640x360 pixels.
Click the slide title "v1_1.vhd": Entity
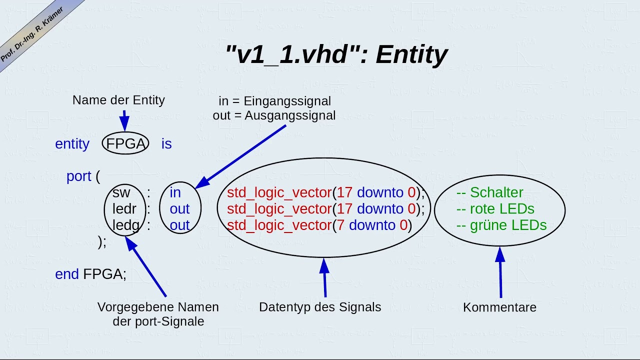336,54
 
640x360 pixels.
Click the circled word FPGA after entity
125,144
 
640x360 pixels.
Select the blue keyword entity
72,144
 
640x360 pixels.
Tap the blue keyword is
166,144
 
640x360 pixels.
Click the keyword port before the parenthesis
79,176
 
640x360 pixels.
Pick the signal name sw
121,192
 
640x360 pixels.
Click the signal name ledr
124,208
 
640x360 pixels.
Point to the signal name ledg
125,225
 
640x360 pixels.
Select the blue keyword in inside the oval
175,192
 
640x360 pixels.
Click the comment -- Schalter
489,192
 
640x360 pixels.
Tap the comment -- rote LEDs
495,208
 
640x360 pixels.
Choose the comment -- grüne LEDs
501,225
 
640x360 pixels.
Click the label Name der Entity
118,100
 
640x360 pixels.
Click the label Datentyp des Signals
320,307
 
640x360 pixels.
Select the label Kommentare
499,307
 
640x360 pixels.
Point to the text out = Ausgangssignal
274,115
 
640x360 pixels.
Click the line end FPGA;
90,274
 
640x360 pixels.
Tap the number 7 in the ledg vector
340,225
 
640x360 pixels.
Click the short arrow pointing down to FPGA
124,121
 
